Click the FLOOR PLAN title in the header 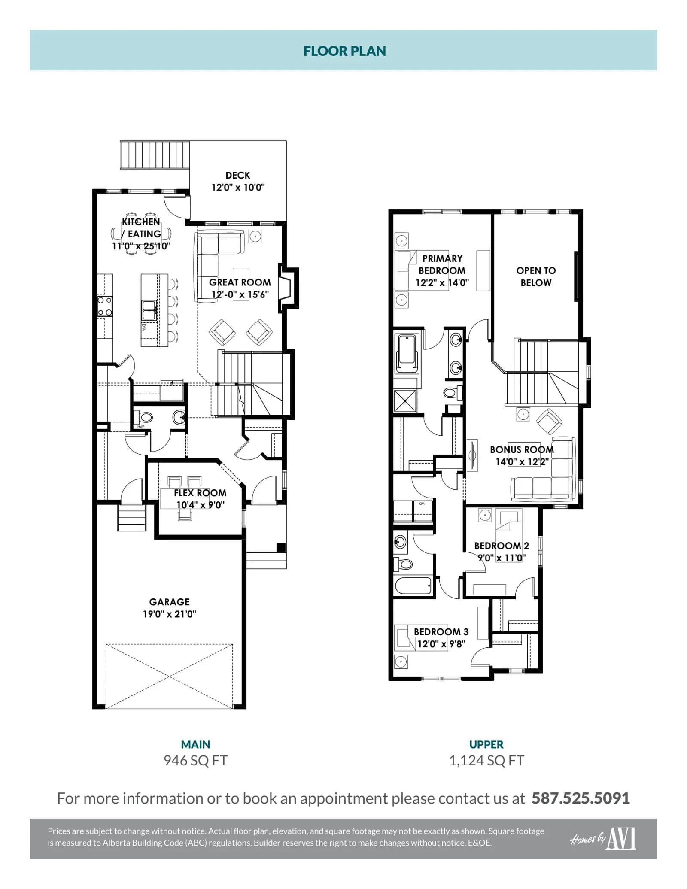pos(344,51)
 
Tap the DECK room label pos(238,175)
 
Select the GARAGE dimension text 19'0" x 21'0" pos(170,614)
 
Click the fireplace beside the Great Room pos(289,288)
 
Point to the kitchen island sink pos(149,310)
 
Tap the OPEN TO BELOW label pos(536,276)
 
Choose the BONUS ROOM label pos(522,449)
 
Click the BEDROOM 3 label pos(441,632)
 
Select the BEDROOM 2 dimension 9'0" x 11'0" pos(502,558)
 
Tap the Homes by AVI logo pos(603,839)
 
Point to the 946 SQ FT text pos(195,761)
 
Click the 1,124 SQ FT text pos(486,761)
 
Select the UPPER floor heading pos(486,744)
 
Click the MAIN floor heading pos(195,744)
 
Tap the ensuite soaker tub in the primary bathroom pos(407,354)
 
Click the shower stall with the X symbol pos(405,401)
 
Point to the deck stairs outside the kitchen pos(155,155)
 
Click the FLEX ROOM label pos(200,493)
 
